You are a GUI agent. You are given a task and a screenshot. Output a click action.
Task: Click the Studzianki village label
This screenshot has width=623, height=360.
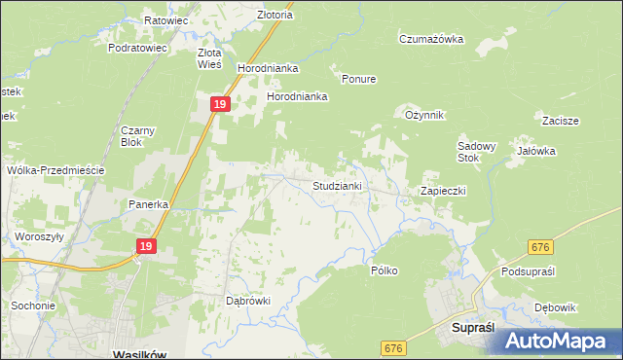click(x=337, y=185)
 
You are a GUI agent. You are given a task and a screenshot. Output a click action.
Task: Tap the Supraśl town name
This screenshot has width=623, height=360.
click(x=476, y=329)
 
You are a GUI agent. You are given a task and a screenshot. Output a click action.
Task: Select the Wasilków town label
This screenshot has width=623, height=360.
click(x=140, y=354)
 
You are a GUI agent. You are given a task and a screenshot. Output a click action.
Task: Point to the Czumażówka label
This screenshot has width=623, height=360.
click(x=430, y=39)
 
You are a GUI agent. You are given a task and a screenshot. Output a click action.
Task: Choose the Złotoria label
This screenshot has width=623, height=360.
click(x=275, y=16)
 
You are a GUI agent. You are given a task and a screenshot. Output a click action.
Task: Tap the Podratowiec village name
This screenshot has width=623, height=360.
click(x=138, y=47)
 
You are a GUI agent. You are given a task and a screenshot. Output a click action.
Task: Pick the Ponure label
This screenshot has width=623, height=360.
click(x=358, y=79)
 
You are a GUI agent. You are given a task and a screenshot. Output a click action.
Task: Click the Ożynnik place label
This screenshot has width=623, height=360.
click(x=424, y=115)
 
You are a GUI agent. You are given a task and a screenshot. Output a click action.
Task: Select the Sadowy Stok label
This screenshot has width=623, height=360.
click(x=477, y=152)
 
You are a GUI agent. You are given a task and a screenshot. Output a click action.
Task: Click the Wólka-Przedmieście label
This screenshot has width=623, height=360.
click(x=55, y=169)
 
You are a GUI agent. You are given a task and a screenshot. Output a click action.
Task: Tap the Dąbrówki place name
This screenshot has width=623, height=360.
click(x=247, y=301)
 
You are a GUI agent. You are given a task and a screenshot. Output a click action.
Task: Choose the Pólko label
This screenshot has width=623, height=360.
click(x=384, y=270)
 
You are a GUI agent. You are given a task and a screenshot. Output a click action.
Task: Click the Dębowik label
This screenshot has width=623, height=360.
click(x=555, y=307)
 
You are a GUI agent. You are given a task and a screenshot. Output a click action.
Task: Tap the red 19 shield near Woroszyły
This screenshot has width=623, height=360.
click(x=146, y=247)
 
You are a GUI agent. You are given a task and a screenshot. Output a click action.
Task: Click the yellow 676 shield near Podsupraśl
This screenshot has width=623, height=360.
click(x=542, y=248)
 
